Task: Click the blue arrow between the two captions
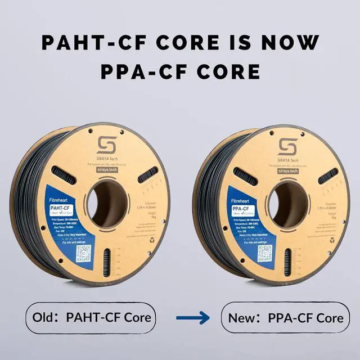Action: click(x=193, y=318)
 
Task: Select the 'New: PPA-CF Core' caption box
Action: click(x=285, y=317)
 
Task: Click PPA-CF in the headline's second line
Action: click(x=141, y=71)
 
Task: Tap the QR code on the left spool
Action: click(x=83, y=253)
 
